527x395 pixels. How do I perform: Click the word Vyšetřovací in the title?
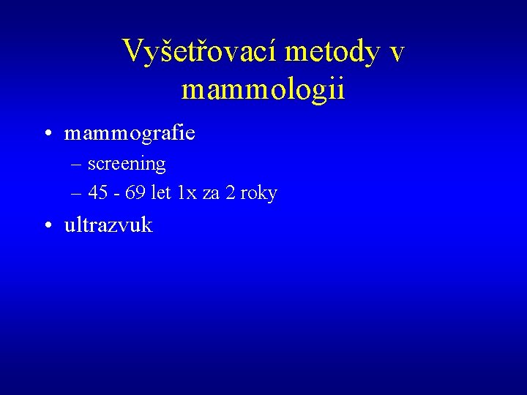[201, 51]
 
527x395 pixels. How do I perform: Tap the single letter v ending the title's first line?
[397, 53]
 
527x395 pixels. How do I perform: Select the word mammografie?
[130, 134]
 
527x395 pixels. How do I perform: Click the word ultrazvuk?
[108, 225]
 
